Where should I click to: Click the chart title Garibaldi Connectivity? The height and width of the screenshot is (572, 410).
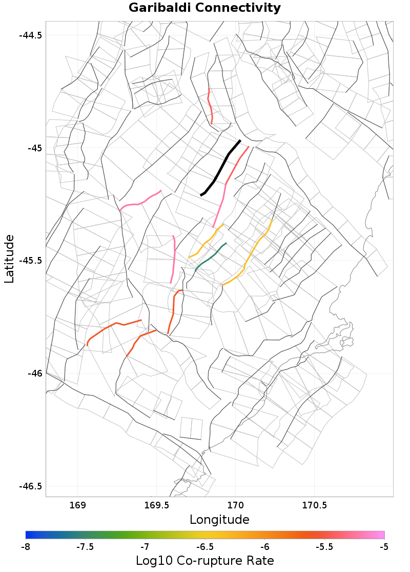204,8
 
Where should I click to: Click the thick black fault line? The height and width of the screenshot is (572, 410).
220,168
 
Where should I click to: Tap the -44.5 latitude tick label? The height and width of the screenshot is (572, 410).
31,35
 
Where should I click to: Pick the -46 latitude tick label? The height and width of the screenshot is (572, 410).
34,373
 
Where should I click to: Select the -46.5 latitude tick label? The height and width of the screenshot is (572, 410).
31,486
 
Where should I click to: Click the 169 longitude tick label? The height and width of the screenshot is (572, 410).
78,505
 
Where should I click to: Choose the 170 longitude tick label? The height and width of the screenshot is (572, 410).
235,505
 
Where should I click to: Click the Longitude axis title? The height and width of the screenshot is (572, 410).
219,519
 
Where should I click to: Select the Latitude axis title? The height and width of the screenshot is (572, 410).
9,259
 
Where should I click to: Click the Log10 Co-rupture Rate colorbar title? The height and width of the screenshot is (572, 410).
204,560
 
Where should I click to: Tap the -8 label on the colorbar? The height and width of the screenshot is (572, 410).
26,546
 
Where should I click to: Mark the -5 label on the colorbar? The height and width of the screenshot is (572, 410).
384,546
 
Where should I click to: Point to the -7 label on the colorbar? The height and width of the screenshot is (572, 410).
145,546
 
